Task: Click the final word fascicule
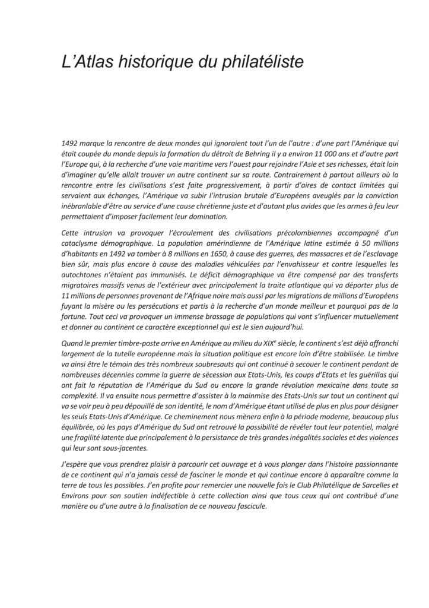[251, 506]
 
